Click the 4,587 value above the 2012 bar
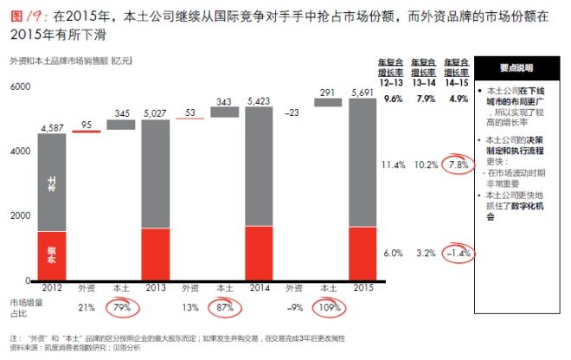(x=52, y=127)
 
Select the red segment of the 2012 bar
(x=52, y=255)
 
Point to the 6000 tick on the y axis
(x=18, y=87)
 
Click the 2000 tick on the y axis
(x=18, y=215)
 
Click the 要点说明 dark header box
(x=516, y=67)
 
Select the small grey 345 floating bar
(x=120, y=125)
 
